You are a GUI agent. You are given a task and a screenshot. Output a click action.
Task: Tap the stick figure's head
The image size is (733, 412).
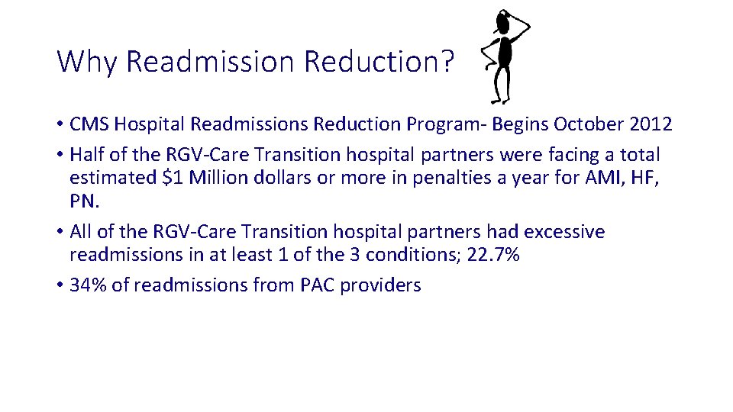(502, 21)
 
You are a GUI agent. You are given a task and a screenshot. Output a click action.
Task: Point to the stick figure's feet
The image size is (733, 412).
(500, 98)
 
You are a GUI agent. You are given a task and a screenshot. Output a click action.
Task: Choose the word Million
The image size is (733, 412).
(214, 179)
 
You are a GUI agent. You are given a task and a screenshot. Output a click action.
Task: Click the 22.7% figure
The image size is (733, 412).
(493, 255)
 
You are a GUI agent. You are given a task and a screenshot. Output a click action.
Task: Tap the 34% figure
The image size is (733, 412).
(87, 285)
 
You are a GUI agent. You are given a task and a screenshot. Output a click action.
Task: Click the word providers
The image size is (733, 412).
(380, 285)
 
